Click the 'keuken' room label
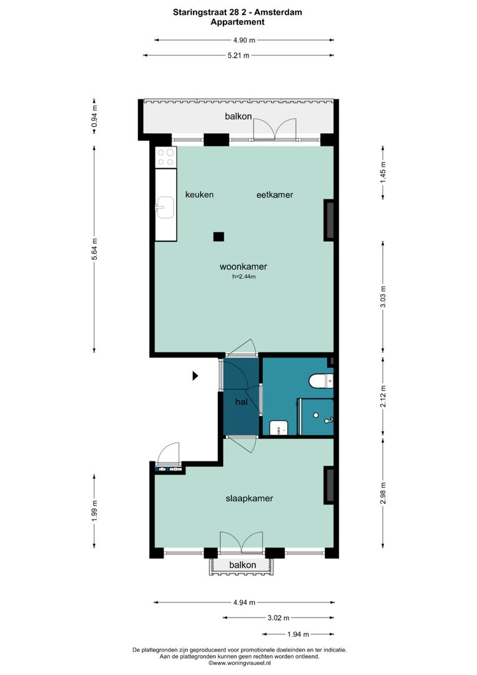point(199,194)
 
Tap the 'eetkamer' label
point(275,194)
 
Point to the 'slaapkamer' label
point(249,498)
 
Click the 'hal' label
point(242,402)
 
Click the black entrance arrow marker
point(195,376)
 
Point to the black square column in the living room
point(218,236)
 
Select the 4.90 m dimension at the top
point(243,40)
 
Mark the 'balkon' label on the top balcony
point(238,116)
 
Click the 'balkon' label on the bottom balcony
point(243,565)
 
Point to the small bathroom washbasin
point(279,427)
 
